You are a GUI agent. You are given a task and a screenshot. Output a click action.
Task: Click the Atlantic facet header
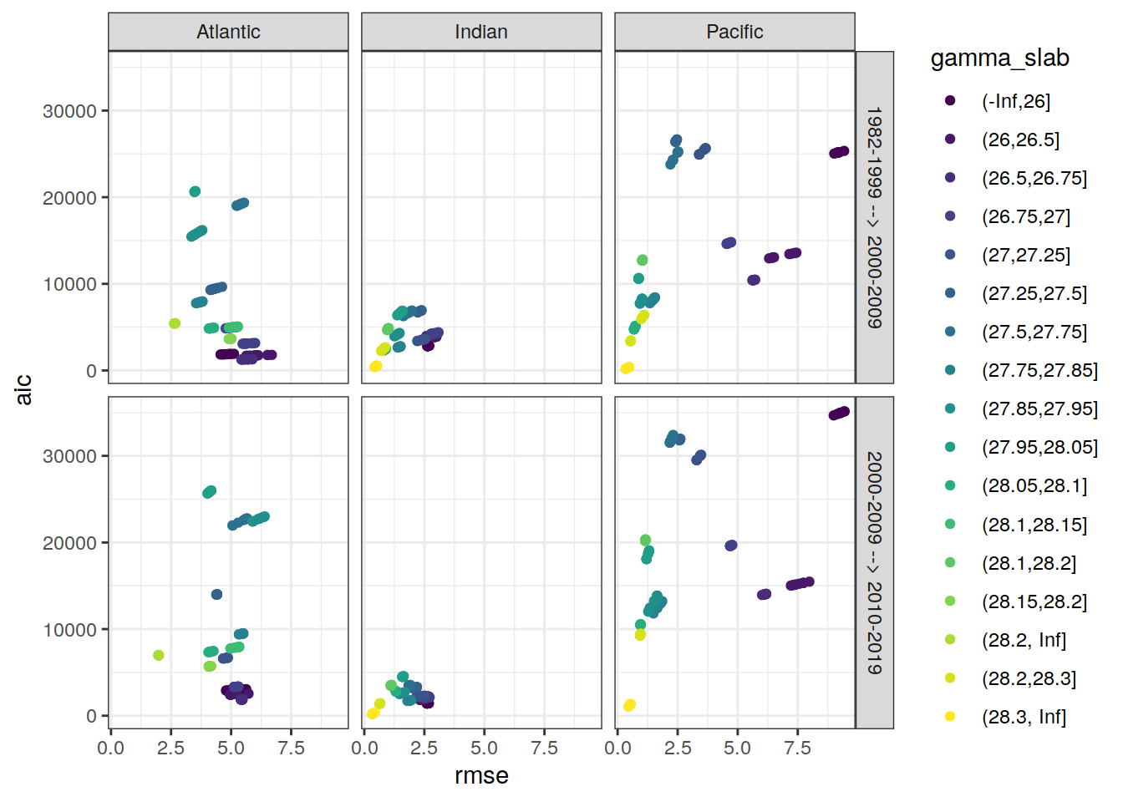click(228, 32)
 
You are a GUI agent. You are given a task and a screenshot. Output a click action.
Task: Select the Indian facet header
click(481, 32)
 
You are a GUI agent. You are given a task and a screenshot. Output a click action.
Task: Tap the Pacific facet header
click(734, 32)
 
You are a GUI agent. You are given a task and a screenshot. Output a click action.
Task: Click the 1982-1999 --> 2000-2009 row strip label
click(874, 217)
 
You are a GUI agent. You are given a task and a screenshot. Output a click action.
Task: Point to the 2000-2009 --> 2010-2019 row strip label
click(874, 562)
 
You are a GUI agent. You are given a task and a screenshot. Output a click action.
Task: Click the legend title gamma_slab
click(999, 58)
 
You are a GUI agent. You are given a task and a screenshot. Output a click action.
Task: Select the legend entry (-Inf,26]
click(1015, 101)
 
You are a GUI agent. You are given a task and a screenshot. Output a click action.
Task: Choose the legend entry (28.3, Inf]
click(1024, 717)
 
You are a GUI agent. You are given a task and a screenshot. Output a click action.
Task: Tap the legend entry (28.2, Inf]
click(1024, 640)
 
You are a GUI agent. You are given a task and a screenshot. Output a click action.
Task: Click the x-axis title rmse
click(481, 776)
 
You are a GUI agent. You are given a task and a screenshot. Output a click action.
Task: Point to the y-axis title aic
click(23, 389)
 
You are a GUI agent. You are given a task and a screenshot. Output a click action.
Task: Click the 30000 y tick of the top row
click(69, 111)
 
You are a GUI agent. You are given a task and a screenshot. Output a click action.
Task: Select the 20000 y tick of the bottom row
click(69, 543)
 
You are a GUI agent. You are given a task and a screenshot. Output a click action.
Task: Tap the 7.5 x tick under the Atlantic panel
click(291, 748)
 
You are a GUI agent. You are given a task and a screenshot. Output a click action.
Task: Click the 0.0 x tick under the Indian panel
click(364, 748)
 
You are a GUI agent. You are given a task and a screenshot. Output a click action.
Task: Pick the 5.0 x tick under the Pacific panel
click(737, 748)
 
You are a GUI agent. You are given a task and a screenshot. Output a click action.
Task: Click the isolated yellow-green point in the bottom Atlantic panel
click(159, 656)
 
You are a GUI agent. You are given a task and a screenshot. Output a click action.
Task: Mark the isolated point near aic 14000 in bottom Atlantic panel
click(217, 595)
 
